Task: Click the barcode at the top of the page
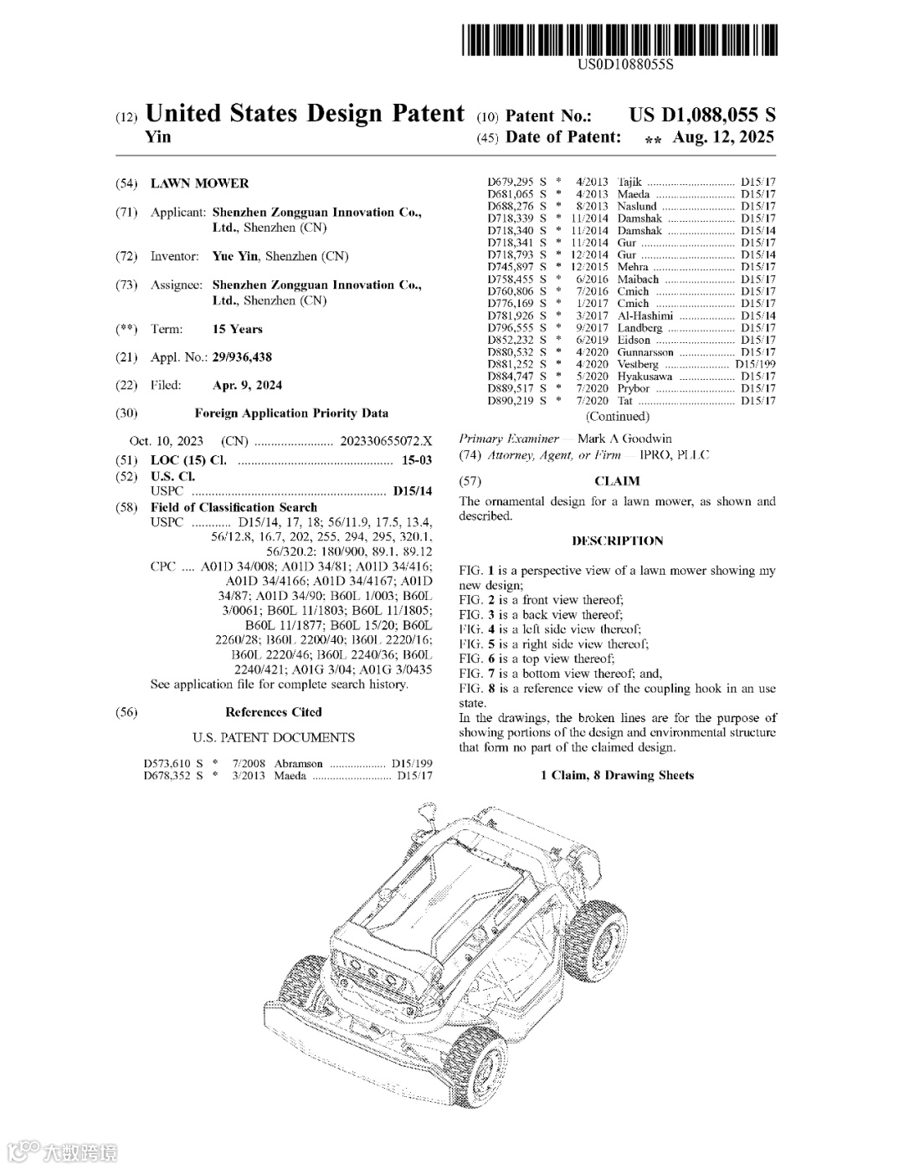click(618, 41)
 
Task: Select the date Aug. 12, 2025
click(723, 136)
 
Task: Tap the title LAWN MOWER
click(199, 183)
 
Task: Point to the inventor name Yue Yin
click(235, 256)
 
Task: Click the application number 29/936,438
click(242, 357)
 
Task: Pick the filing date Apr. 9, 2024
click(247, 386)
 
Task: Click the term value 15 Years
click(237, 329)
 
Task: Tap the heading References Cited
click(273, 712)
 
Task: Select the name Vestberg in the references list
click(639, 365)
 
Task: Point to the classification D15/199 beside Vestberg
click(755, 365)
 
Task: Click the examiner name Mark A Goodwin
click(624, 438)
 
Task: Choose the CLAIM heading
click(617, 481)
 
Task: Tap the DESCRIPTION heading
click(617, 541)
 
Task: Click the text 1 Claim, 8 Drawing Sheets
click(617, 775)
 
